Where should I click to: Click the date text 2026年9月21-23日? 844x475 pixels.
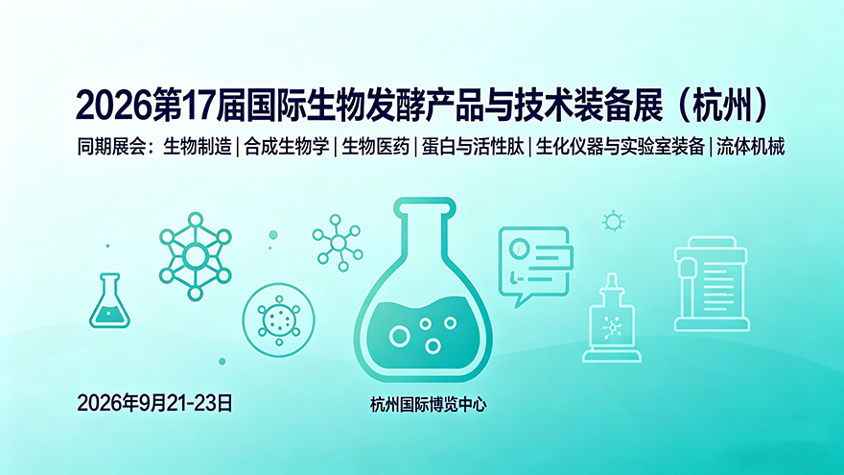tap(155, 403)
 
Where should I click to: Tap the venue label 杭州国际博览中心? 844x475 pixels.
tap(428, 404)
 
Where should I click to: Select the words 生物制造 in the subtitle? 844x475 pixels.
tap(198, 147)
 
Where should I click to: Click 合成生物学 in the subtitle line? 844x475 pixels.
tap(287, 147)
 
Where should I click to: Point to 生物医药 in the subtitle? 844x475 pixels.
tap(376, 147)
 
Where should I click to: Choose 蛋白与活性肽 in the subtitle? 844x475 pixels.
tap(473, 147)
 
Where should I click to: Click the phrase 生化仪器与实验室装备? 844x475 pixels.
tap(621, 147)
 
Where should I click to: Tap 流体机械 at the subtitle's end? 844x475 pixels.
tap(750, 147)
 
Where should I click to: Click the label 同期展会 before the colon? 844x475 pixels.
tap(111, 147)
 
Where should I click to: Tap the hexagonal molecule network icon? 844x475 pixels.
tap(196, 256)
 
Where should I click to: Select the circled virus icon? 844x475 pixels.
tap(278, 320)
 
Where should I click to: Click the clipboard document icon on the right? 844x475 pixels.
tap(712, 284)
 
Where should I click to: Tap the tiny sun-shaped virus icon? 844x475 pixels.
tap(613, 222)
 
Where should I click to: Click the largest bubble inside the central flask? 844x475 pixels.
tap(399, 337)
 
